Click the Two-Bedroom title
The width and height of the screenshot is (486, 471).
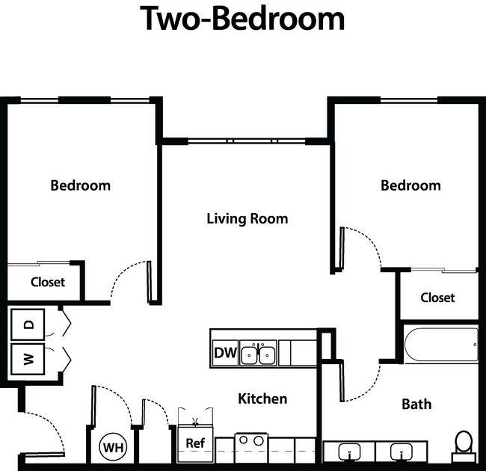click(x=243, y=19)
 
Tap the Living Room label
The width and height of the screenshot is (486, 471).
click(x=247, y=219)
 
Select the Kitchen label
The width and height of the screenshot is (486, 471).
click(x=262, y=398)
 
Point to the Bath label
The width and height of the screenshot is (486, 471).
click(x=416, y=404)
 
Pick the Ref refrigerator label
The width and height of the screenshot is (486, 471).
click(x=195, y=443)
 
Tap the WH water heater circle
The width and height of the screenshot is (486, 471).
click(x=113, y=448)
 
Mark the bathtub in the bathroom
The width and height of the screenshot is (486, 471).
click(x=440, y=345)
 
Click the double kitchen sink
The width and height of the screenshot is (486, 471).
click(x=258, y=353)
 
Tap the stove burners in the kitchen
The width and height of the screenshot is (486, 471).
click(x=251, y=441)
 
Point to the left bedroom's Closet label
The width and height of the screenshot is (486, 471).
click(x=48, y=283)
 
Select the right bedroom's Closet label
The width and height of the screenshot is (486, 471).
click(x=437, y=298)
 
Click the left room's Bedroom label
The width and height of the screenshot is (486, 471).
click(x=80, y=185)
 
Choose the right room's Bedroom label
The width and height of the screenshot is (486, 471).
click(x=410, y=185)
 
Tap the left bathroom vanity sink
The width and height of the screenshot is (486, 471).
click(x=348, y=452)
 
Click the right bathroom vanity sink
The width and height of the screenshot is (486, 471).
click(x=402, y=452)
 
